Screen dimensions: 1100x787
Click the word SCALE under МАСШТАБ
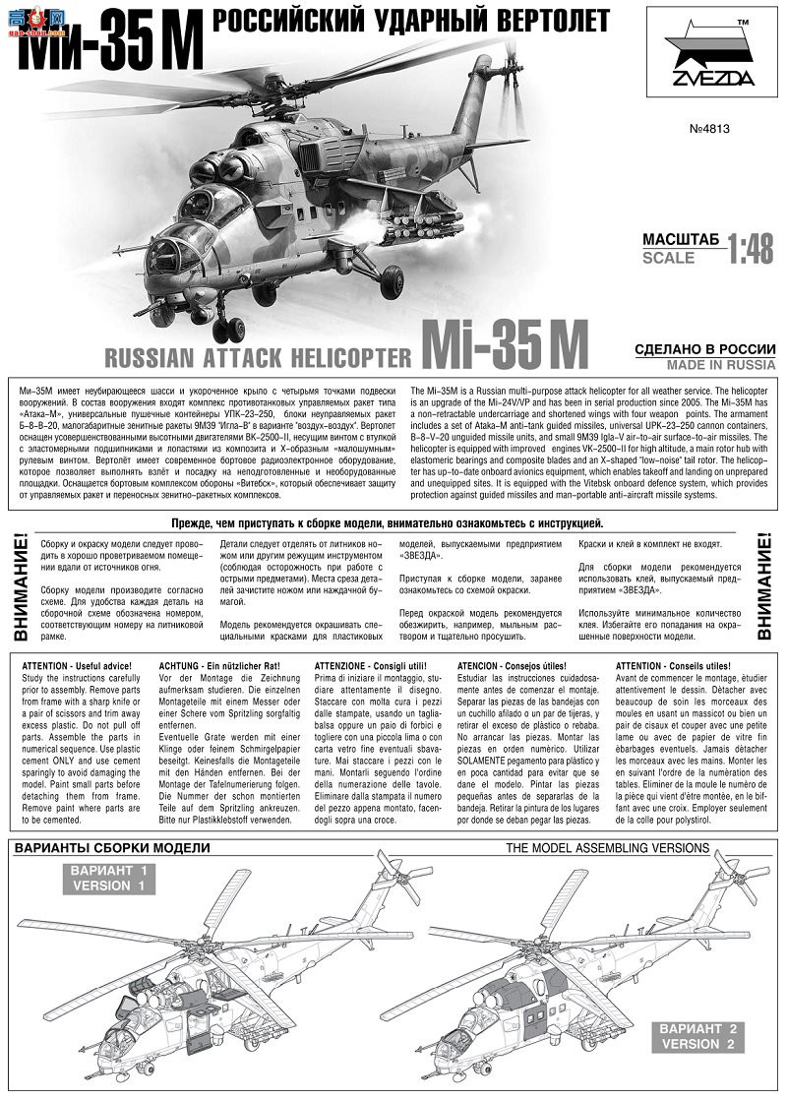coord(668,259)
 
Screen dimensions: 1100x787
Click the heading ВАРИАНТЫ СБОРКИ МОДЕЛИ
coord(111,848)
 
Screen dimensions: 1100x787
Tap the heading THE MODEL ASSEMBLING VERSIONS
coord(607,847)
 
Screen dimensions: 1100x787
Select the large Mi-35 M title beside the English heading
coord(504,344)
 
